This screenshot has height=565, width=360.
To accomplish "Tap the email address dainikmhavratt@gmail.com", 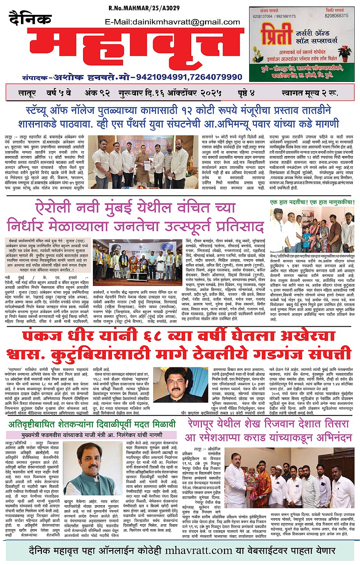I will pyautogui.click(x=172, y=22).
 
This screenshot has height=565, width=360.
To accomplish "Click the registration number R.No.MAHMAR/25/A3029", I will pyautogui.click(x=144, y=8).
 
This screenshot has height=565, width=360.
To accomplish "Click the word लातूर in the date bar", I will pyautogui.click(x=27, y=93).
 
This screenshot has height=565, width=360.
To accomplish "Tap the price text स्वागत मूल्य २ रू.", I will pyautogui.click(x=310, y=93).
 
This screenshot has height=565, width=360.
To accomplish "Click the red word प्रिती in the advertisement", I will pyautogui.click(x=275, y=35).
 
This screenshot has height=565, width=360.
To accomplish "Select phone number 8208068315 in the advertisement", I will pyautogui.click(x=336, y=16).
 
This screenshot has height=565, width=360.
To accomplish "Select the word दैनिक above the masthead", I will pyautogui.click(x=30, y=19).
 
